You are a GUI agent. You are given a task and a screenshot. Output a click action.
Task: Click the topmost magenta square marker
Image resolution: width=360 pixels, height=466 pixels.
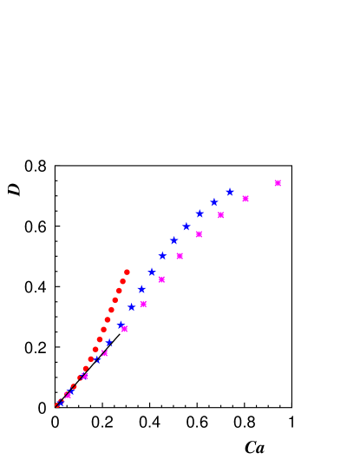[278, 183]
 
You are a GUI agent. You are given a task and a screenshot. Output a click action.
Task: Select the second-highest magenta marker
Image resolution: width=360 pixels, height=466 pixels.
[245, 199]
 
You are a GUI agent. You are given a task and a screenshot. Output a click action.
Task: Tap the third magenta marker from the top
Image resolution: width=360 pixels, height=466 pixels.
[221, 215]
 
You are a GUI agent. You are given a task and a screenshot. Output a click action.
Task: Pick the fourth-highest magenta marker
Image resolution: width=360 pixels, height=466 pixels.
[199, 234]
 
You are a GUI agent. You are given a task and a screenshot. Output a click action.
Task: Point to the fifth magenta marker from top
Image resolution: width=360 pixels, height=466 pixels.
[180, 256]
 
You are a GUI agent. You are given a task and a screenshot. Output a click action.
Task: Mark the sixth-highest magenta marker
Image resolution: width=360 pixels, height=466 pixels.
[161, 279]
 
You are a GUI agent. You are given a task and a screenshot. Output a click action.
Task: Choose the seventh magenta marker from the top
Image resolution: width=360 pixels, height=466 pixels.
[143, 305]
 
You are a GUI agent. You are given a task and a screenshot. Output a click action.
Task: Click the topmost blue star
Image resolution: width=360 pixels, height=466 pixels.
[229, 193]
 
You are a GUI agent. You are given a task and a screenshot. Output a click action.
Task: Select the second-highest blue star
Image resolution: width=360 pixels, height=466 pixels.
[214, 202]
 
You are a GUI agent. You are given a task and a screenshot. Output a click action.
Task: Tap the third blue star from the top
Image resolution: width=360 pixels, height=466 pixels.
[200, 213]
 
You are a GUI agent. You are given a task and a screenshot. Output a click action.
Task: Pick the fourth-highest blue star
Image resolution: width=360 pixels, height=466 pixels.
[186, 226]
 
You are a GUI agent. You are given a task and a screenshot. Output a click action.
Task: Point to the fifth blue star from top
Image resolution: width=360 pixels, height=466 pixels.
[173, 240]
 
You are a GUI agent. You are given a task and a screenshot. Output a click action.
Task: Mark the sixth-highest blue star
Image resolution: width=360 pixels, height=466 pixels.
[162, 256]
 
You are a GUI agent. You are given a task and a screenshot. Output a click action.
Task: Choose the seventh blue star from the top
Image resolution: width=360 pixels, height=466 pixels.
[151, 272]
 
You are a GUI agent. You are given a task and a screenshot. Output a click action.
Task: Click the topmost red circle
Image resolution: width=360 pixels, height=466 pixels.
[127, 272]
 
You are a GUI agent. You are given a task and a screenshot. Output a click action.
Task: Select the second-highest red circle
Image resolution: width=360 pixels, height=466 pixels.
[122, 281]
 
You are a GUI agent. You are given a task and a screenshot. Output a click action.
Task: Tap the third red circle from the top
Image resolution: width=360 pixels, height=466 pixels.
[119, 291]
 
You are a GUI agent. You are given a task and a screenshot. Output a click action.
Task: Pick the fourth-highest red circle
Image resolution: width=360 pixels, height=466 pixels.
[115, 300]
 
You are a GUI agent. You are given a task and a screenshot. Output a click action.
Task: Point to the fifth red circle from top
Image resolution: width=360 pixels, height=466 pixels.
[111, 310]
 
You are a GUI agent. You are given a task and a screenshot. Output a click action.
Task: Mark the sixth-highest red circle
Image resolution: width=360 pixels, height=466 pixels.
[108, 319]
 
